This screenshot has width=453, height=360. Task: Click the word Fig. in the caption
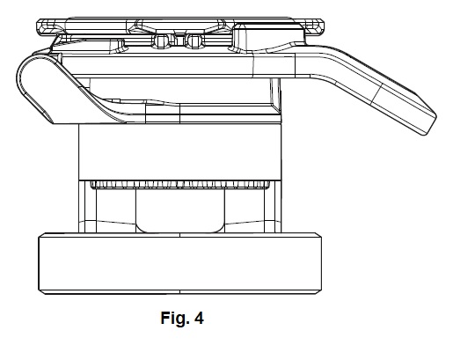pos(175,319)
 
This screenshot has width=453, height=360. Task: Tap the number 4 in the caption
pos(199,318)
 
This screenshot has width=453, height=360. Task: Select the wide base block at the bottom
pos(180,263)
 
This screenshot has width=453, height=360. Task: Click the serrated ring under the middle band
pos(180,185)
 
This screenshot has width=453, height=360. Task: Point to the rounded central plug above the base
pos(180,210)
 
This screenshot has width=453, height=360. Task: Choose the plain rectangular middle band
pos(180,151)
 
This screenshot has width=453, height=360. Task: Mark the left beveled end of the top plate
pos(40,27)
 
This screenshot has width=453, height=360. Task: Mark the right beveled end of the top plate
pos(321,27)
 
